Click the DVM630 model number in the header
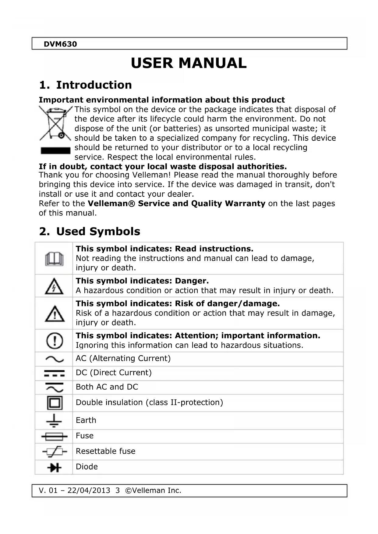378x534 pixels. pos(60,44)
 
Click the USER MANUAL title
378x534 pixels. pos(189,63)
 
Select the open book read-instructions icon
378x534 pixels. pos(54,259)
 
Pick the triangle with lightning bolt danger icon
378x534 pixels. pos(54,286)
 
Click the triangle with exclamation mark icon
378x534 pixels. pos(55,314)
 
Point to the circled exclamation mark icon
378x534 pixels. pos(55,341)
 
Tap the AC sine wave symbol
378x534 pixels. pos(55,359)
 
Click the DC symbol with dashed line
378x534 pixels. pos(55,373)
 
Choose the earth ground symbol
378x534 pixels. pos(54,420)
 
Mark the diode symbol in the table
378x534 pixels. pos(55,467)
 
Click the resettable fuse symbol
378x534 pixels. pos(55,452)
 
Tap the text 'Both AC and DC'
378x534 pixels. pos(107,387)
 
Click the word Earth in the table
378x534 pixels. pos(86,420)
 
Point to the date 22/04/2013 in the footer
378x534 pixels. pos(89,490)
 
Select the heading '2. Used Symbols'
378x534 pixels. pos(90,231)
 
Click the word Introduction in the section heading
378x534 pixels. pos(94,85)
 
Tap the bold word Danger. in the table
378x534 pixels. pos(192,281)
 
